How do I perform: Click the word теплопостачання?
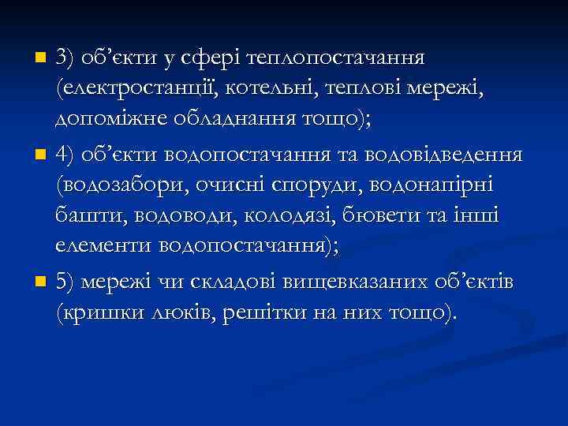[x=337, y=58]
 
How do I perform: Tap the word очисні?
[x=241, y=185]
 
